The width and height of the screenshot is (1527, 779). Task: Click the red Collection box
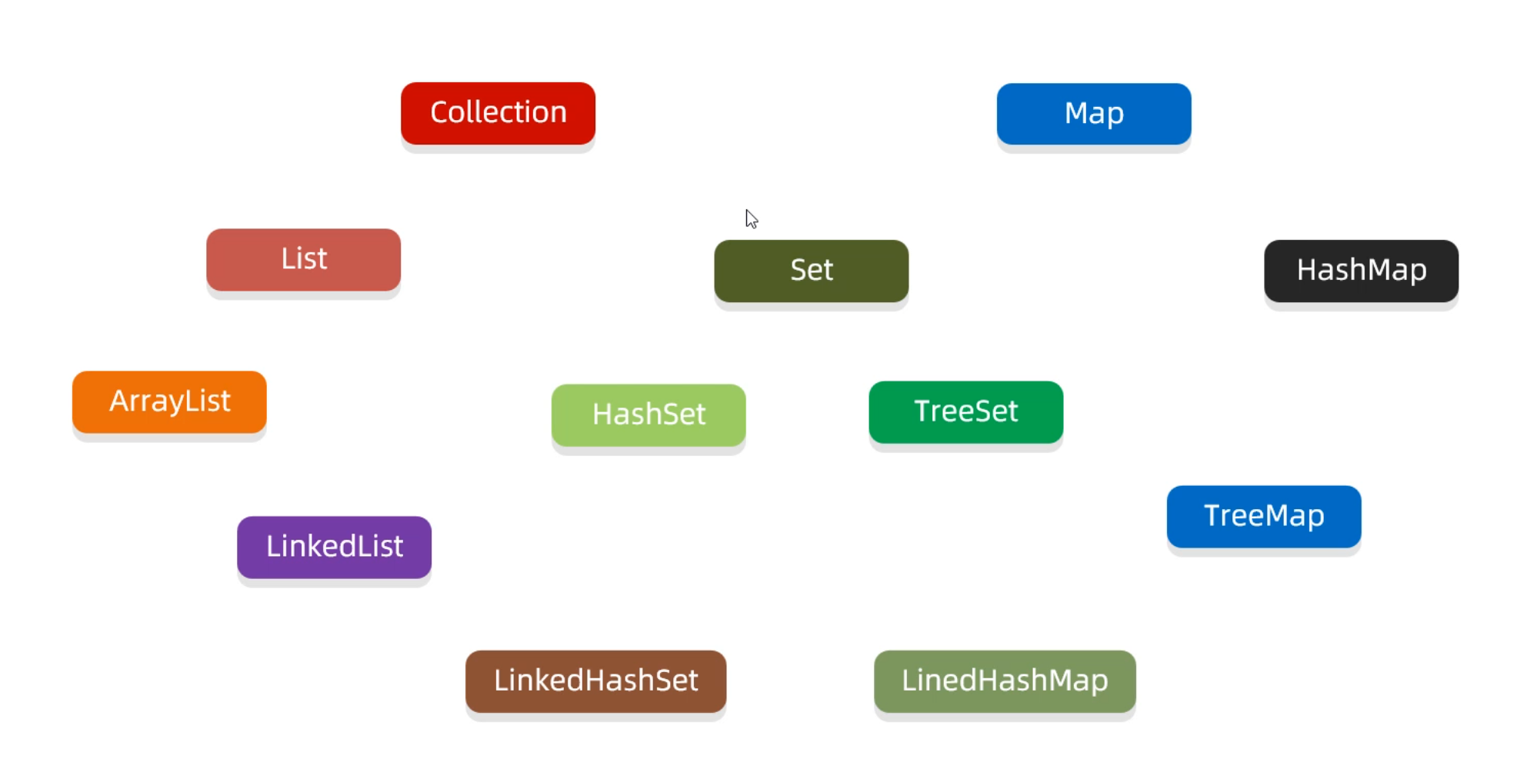pos(498,113)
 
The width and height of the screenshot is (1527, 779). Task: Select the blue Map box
pos(1093,114)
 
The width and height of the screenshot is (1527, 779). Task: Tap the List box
pos(303,259)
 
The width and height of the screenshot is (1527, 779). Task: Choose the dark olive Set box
pos(811,271)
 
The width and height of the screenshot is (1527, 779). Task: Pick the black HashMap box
pos(1361,271)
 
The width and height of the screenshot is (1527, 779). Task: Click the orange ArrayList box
pos(169,401)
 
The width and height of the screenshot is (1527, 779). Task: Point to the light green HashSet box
pos(648,414)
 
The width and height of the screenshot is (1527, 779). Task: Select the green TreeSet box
pos(965,411)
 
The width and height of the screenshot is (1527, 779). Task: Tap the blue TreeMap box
pos(1263,516)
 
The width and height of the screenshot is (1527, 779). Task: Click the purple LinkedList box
pos(334,547)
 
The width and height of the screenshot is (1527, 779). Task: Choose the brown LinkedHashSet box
pos(595,681)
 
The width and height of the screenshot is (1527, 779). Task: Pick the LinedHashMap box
pos(1004,681)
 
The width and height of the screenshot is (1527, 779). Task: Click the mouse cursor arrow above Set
pos(751,218)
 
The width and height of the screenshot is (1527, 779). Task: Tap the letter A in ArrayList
pos(118,401)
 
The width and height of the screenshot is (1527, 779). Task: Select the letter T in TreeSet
pos(922,411)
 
